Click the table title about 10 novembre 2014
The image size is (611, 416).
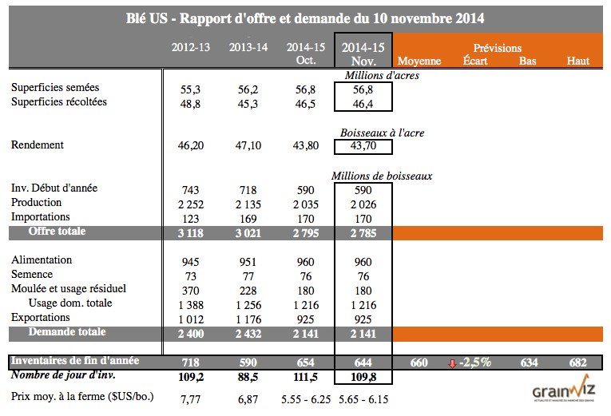click(x=305, y=18)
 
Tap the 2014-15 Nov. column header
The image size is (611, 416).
click(x=363, y=53)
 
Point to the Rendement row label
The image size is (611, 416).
click(x=38, y=145)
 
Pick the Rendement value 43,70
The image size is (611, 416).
click(x=364, y=146)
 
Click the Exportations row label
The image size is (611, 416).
click(x=39, y=317)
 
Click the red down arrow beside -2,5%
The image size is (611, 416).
click(x=453, y=363)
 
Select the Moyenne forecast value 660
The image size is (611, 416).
click(x=419, y=363)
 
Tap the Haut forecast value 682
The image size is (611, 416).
click(x=577, y=363)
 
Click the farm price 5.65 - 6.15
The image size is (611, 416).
click(x=363, y=398)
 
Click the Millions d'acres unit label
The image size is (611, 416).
click(x=382, y=76)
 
